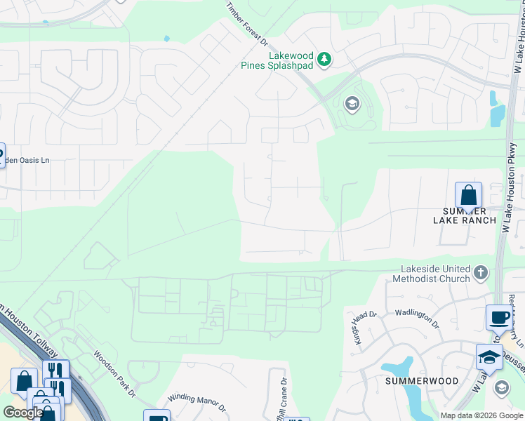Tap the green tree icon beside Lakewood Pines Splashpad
[324, 59]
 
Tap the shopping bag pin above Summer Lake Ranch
[468, 195]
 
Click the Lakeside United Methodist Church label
[435, 274]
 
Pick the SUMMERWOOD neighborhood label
[421, 381]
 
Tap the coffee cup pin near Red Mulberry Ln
[499, 316]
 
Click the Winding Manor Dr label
[201, 404]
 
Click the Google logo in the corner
[23, 413]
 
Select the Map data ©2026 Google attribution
[480, 415]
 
